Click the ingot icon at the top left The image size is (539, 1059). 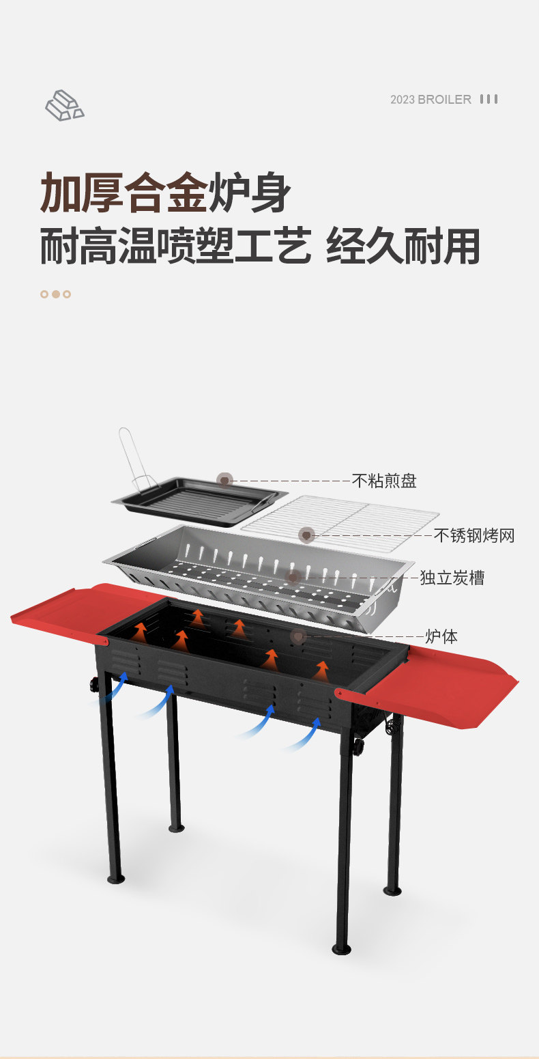pos(64,105)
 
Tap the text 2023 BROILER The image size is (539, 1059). pos(431,100)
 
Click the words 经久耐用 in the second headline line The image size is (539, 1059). pos(403,246)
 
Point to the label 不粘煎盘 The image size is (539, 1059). pos(384,481)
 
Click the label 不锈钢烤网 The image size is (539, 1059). pos(474,535)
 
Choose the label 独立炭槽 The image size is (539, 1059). pos(452,578)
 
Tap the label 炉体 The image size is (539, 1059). pos(441,636)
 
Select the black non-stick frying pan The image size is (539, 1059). pos(199,502)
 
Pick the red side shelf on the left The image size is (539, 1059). pos(68,611)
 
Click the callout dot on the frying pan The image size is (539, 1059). pos(224,481)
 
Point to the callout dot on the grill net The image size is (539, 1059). pos(306,535)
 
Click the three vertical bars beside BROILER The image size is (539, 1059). pos(489,100)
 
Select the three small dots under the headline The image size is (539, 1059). pos(55,294)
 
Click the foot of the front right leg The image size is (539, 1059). pos(341,948)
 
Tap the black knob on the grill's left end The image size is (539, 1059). pos(93,685)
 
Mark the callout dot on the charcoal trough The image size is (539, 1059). pos(293,578)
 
